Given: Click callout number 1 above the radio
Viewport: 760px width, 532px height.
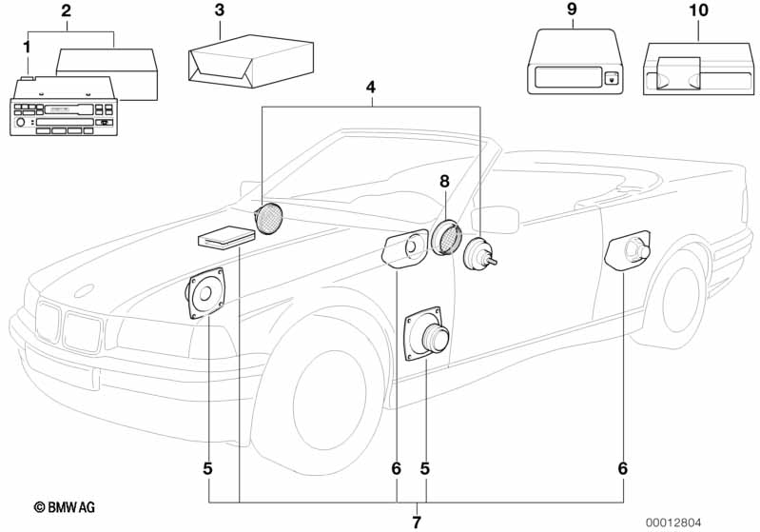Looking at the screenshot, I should pos(27,46).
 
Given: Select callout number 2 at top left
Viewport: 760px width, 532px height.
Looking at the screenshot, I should pos(66,11).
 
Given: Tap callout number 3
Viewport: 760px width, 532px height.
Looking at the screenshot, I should pos(220,11).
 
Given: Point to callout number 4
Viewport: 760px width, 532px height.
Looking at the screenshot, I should pos(371,88).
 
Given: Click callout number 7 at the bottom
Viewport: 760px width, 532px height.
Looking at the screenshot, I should pos(416,521).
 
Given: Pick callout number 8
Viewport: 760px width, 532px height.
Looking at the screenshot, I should pos(443,181).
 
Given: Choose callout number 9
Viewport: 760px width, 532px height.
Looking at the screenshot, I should pos(571,10).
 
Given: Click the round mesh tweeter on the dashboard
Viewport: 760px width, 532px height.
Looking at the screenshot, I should pos(269,220).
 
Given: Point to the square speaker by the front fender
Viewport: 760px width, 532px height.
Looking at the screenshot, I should pos(206,295).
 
